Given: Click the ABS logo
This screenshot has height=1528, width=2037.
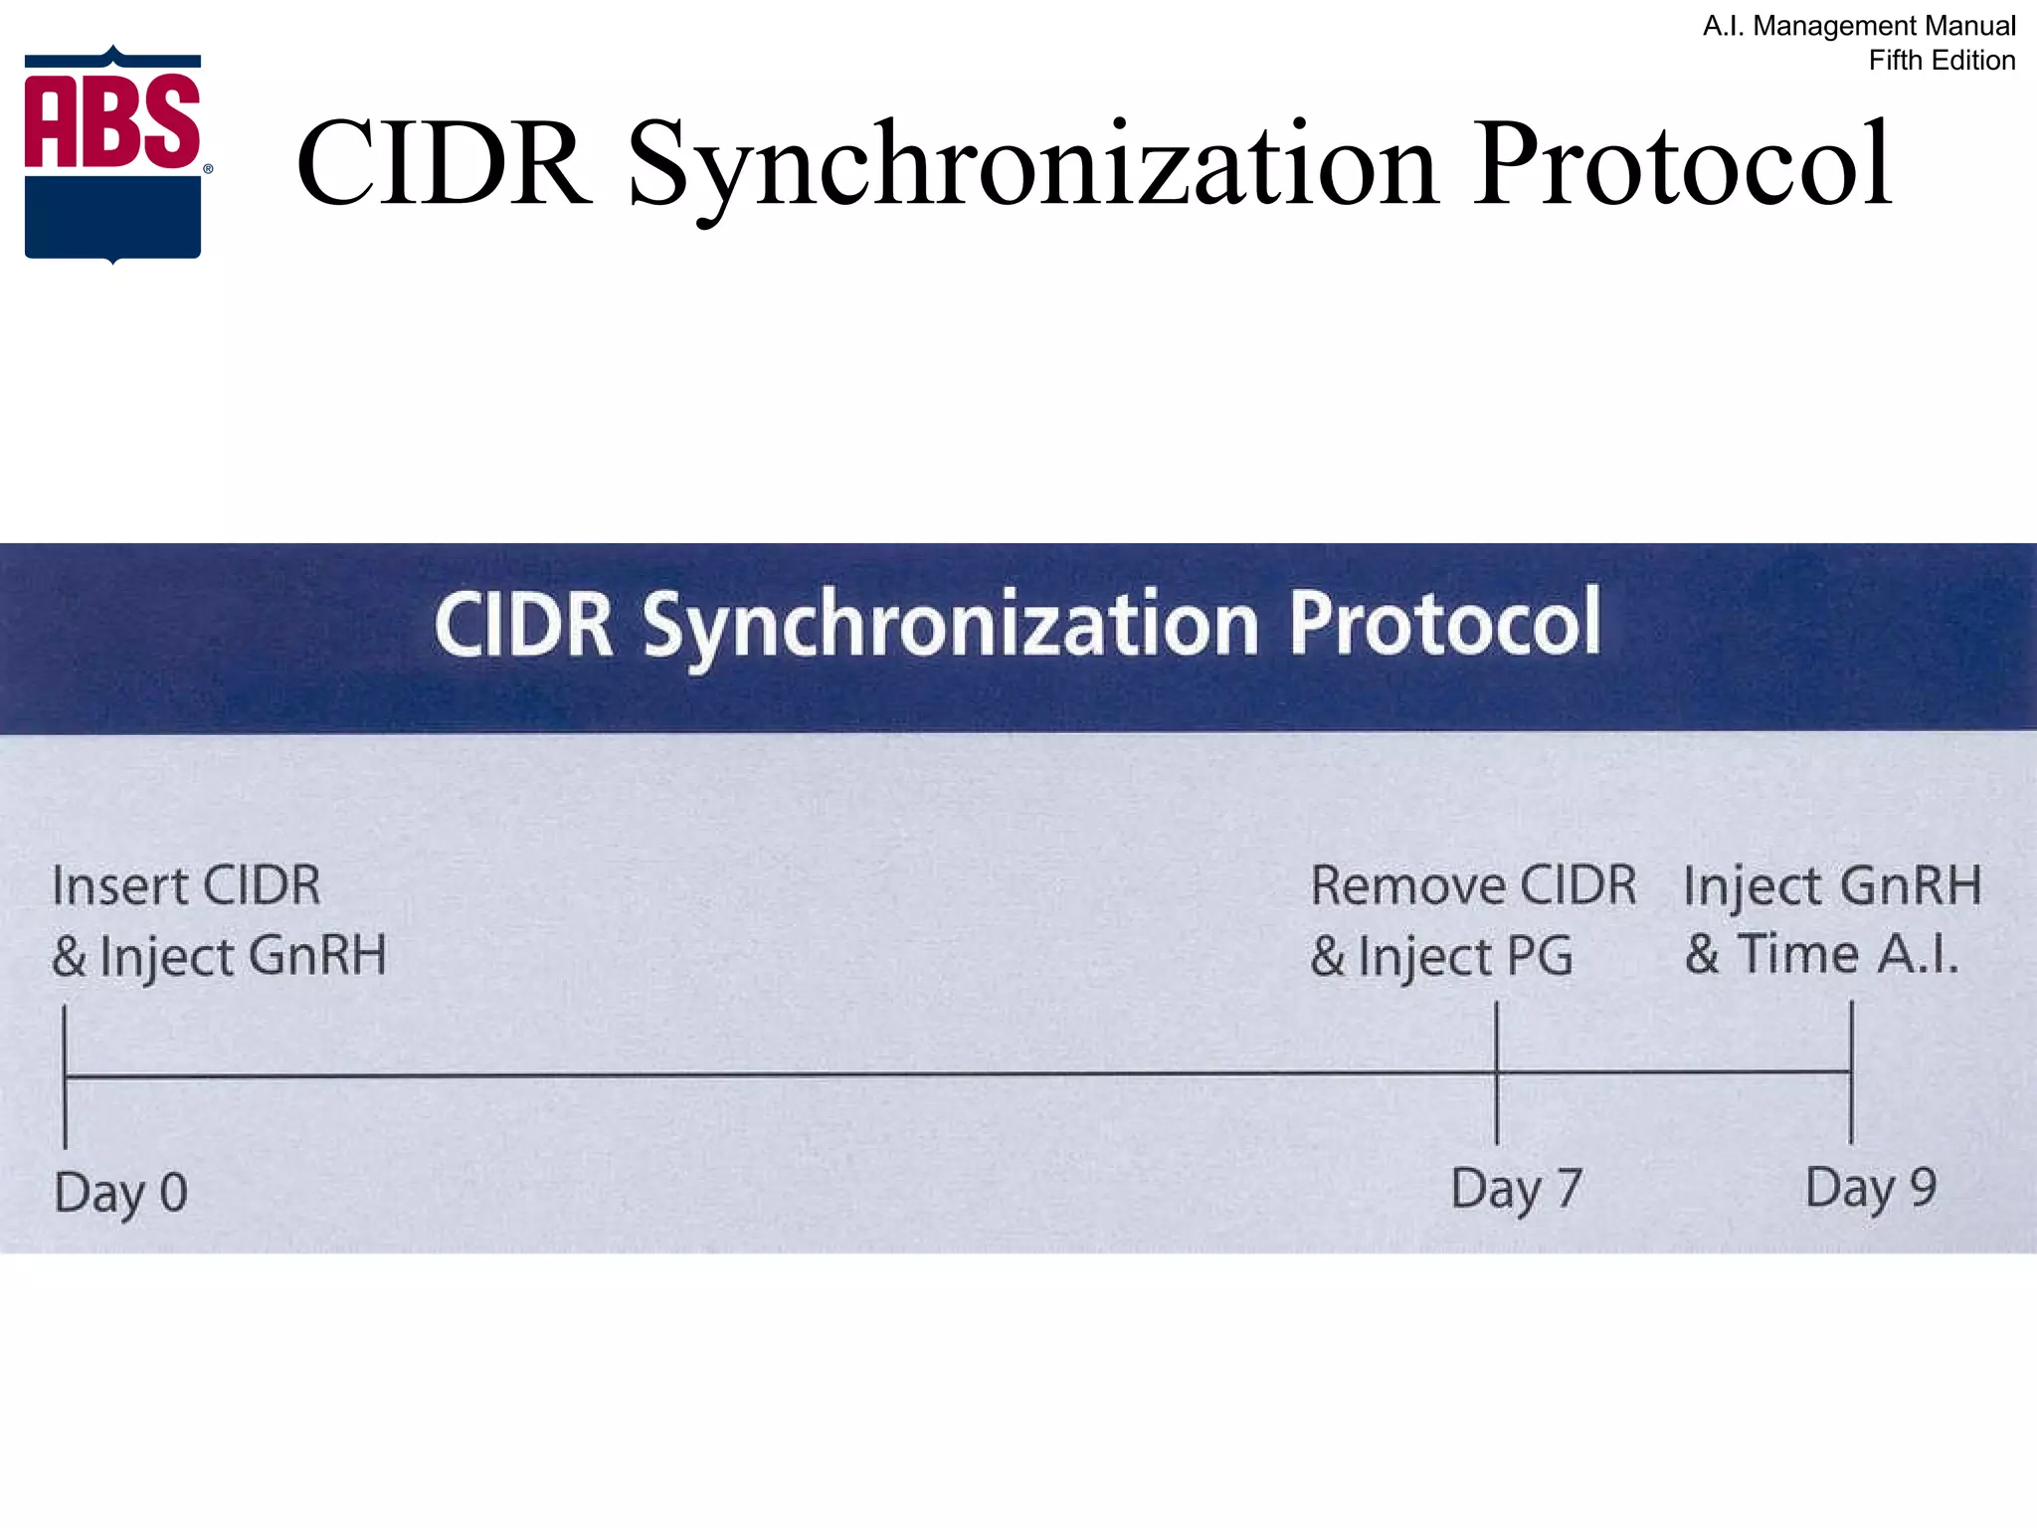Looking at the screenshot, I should pos(113,155).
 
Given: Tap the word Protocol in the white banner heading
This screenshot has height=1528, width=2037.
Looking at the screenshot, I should pos(1444,624).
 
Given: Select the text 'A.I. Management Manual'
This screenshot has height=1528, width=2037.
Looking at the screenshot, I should pos(1858,26).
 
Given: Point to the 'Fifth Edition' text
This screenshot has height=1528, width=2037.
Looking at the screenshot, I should pos(1941,61).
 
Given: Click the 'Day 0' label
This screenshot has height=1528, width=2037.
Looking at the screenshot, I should pos(120,1192).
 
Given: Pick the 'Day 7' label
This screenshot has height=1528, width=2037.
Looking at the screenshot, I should pos(1516,1189).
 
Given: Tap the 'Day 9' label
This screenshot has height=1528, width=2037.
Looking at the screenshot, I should pos(1870,1188).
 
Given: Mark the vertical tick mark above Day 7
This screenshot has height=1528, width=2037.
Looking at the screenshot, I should pos(1496,1072).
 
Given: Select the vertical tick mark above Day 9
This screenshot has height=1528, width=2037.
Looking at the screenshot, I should pos(1851,1071).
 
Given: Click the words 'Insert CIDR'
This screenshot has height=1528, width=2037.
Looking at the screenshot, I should pos(186,885).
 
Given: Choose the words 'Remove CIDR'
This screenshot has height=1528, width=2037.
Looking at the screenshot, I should pos(1473,885).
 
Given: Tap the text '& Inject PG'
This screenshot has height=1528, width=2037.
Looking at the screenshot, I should pos(1441,956).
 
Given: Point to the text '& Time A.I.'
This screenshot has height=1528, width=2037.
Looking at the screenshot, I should pos(1821,954).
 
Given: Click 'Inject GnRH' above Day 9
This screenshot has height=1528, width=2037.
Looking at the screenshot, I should pos(1832,886).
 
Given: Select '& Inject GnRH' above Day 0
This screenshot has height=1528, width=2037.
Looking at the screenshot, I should pos(219,956).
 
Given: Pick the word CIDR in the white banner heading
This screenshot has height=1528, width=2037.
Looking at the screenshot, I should pos(523,626).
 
